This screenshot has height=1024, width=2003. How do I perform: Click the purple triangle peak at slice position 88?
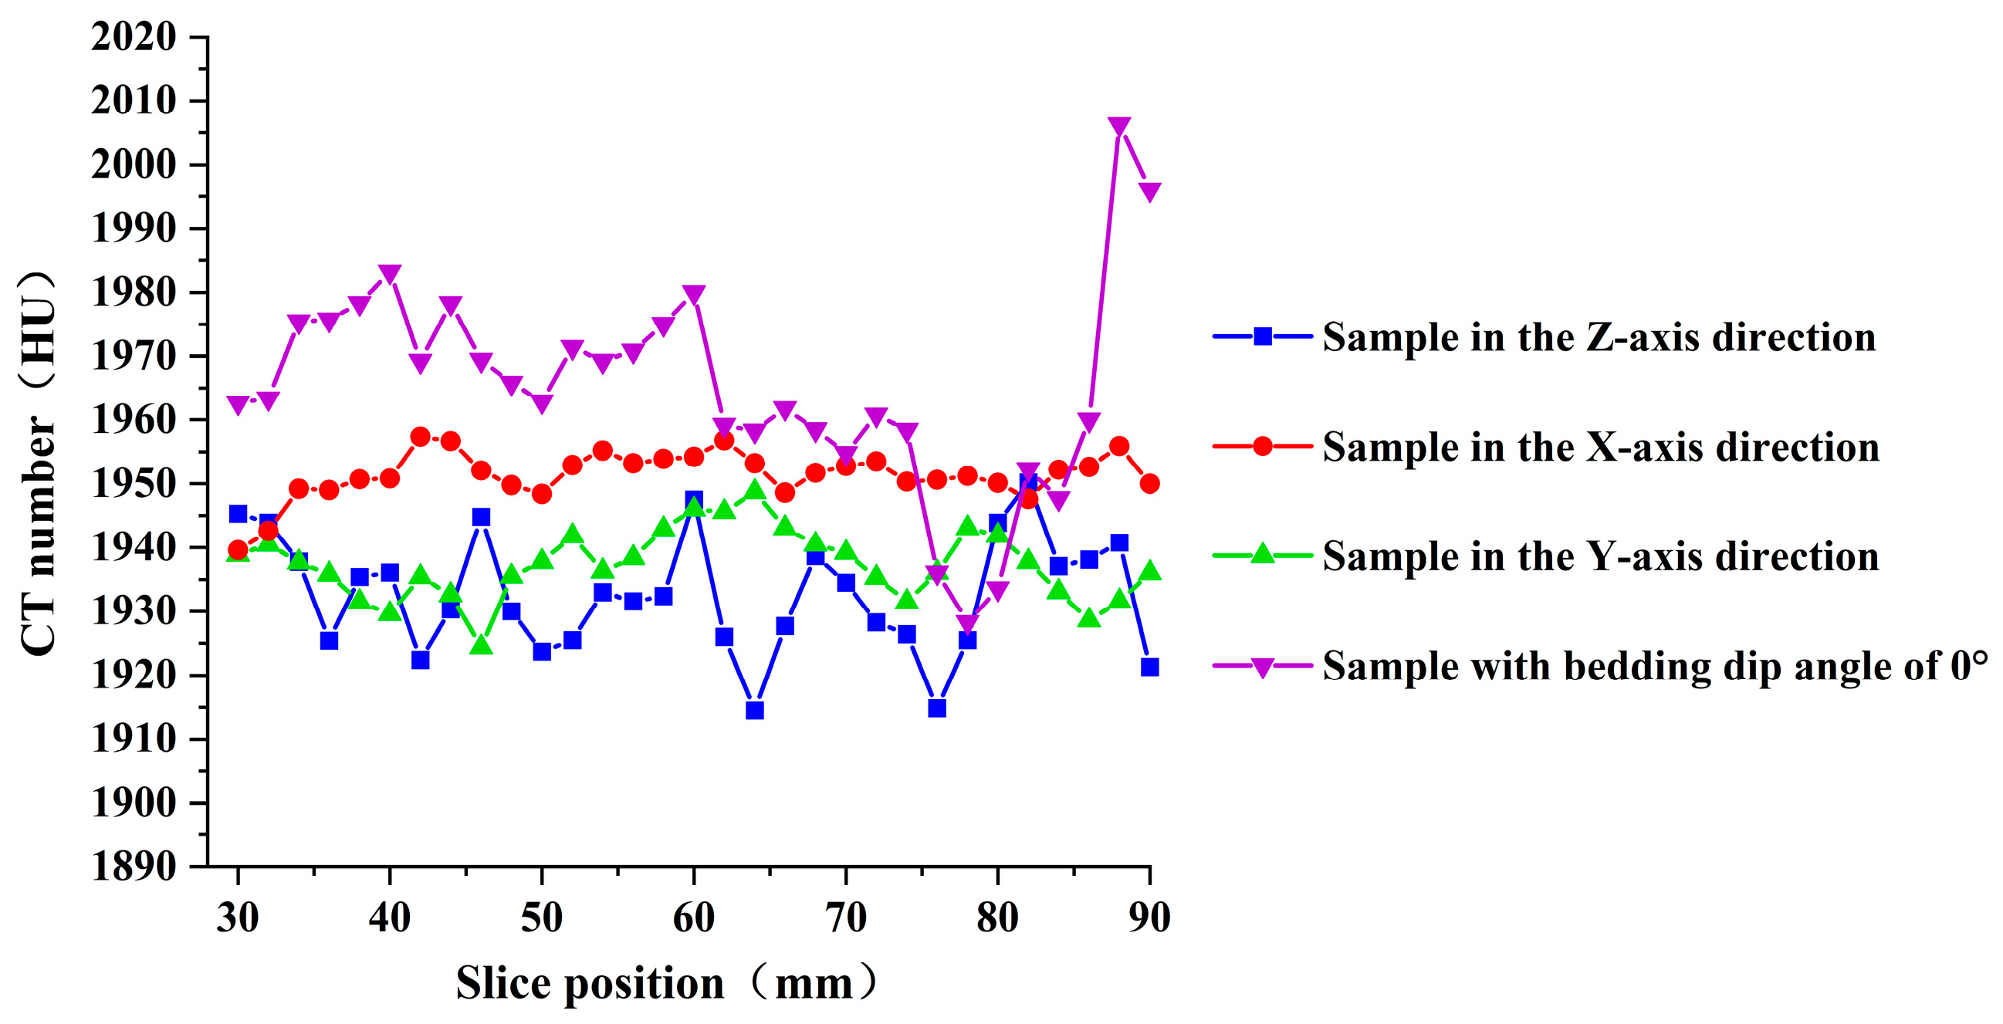[1119, 127]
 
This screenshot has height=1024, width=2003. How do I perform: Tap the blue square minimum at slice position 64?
[754, 710]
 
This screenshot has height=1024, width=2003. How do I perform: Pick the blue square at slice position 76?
[937, 708]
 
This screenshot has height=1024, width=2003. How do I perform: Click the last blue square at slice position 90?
[1149, 667]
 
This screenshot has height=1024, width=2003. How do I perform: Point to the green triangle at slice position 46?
[482, 644]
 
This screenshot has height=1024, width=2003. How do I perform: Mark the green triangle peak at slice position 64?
[754, 490]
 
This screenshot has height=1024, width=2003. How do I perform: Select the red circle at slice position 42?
[421, 437]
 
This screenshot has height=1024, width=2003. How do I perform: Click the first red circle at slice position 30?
[238, 550]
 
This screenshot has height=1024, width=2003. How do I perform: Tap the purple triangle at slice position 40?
[390, 275]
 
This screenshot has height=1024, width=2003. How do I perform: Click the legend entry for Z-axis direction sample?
[1545, 336]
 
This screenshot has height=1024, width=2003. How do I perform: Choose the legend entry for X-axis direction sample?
[1546, 446]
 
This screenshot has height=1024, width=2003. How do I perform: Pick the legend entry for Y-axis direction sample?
[1546, 556]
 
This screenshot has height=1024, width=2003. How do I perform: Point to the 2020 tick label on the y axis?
[134, 36]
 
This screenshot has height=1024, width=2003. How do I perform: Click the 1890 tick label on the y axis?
[134, 865]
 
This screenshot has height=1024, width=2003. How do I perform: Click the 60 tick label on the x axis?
[694, 918]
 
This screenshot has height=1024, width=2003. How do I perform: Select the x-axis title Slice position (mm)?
[667, 983]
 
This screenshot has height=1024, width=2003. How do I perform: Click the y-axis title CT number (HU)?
[37, 464]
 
